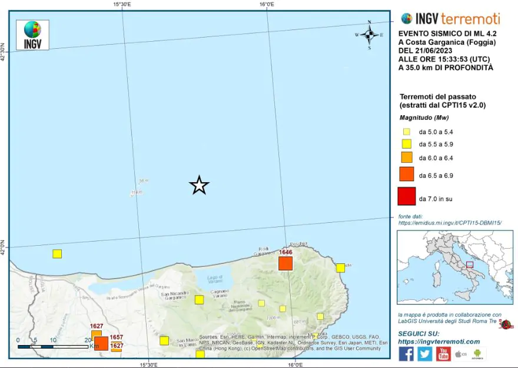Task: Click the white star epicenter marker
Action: (x=200, y=185)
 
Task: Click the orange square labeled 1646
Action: (x=285, y=263)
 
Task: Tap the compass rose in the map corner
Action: (x=369, y=35)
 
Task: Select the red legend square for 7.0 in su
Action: (x=407, y=196)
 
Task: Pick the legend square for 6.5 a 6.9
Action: (x=407, y=175)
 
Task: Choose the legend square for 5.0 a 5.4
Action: (x=407, y=132)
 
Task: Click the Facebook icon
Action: (x=406, y=353)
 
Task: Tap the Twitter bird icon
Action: (x=425, y=353)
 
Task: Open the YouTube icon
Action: (x=443, y=353)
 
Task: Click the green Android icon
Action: (x=477, y=354)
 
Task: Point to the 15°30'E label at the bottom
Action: (x=148, y=364)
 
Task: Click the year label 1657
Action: (x=116, y=337)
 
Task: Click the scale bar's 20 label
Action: (x=88, y=340)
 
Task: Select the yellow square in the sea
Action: (x=57, y=254)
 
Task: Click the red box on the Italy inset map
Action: (x=470, y=264)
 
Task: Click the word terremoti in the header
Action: (x=470, y=18)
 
